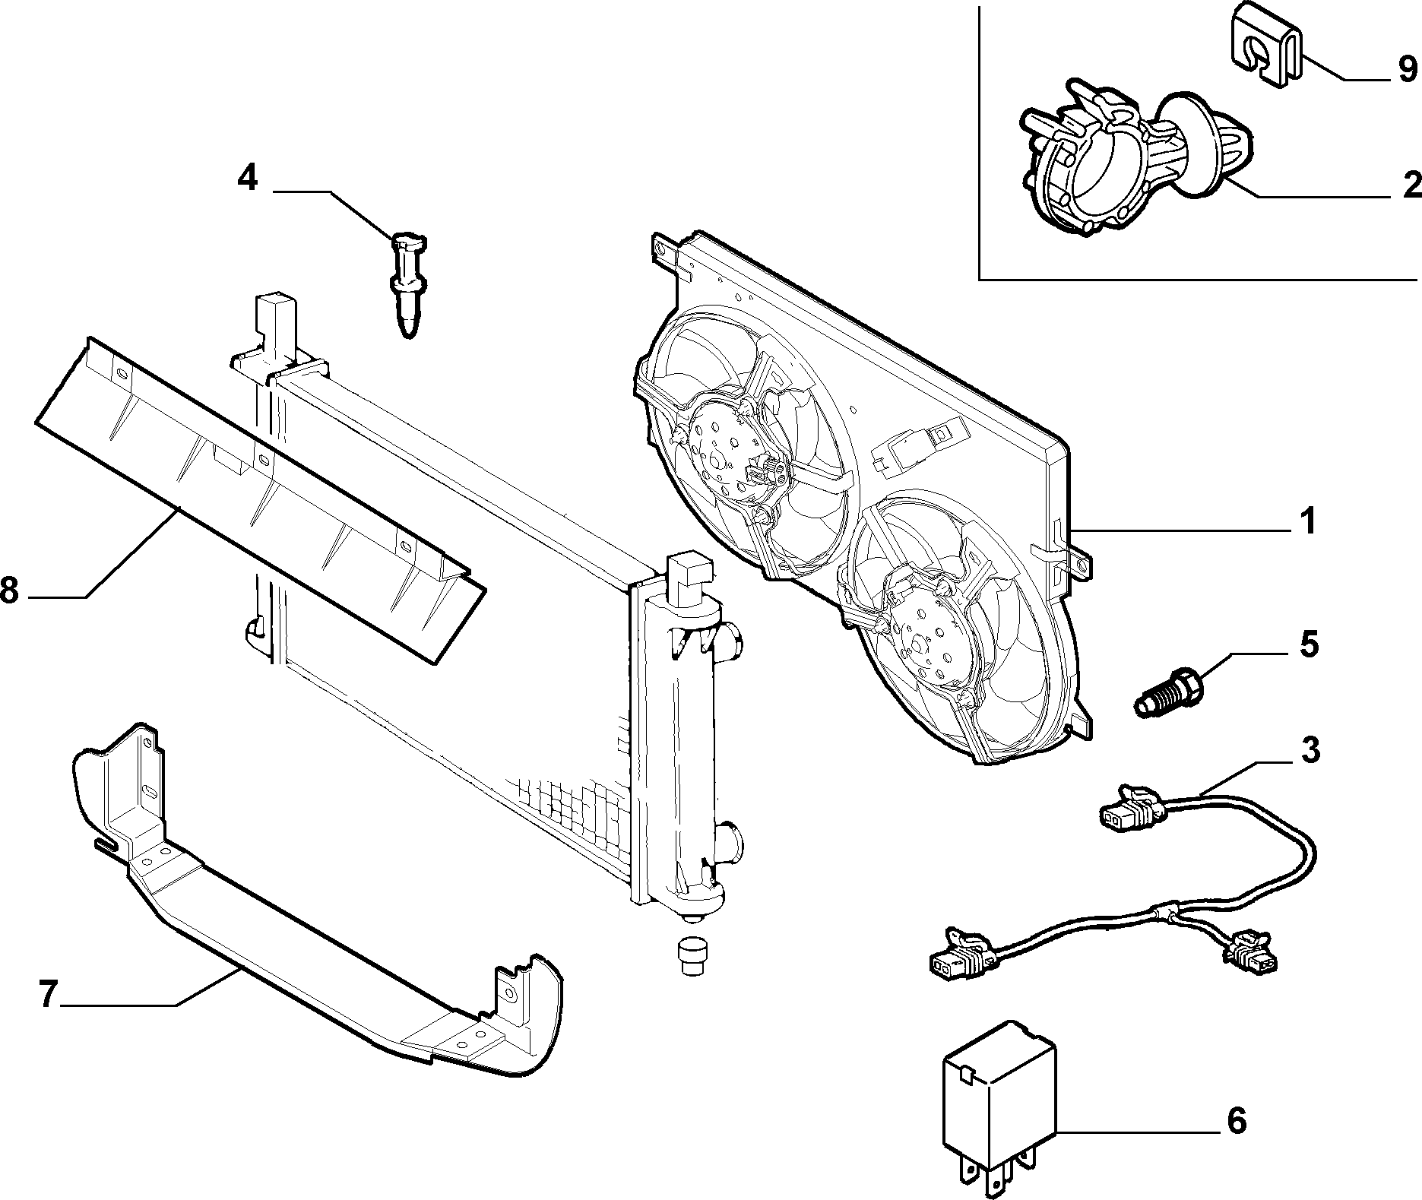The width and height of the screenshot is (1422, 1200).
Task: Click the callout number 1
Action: [x=1307, y=523]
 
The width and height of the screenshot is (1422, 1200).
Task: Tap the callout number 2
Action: [x=1411, y=184]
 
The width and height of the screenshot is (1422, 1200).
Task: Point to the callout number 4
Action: [x=248, y=178]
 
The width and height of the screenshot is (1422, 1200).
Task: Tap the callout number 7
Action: [x=48, y=994]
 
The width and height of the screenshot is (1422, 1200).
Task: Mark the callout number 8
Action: [x=9, y=590]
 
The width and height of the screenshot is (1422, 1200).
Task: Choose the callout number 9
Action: [x=1408, y=70]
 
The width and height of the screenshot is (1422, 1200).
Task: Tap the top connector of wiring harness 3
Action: [x=1131, y=810]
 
